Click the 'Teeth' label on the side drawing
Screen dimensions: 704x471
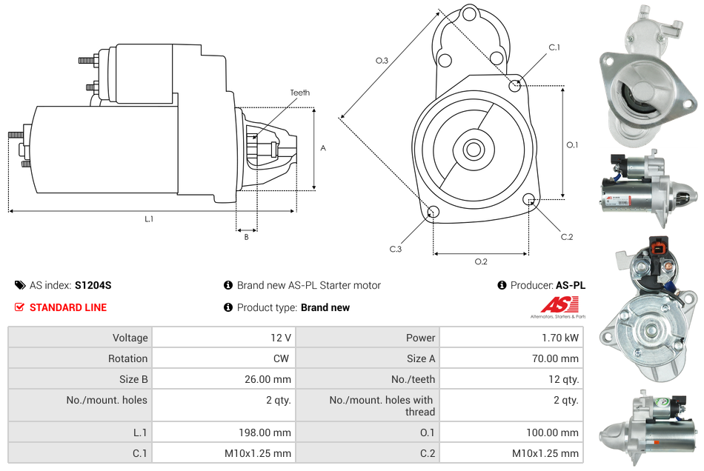coord(299,93)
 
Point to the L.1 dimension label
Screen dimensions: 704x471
coord(149,219)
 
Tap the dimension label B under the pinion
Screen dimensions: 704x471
coord(246,237)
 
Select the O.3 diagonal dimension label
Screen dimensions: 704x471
coord(382,61)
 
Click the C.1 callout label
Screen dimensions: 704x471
coord(554,47)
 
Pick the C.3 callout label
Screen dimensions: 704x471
coord(396,249)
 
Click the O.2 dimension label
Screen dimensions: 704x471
coord(481,261)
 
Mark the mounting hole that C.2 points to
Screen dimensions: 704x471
coord(529,198)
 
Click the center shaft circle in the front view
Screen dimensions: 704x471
coord(474,150)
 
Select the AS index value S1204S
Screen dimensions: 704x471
coord(93,285)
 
